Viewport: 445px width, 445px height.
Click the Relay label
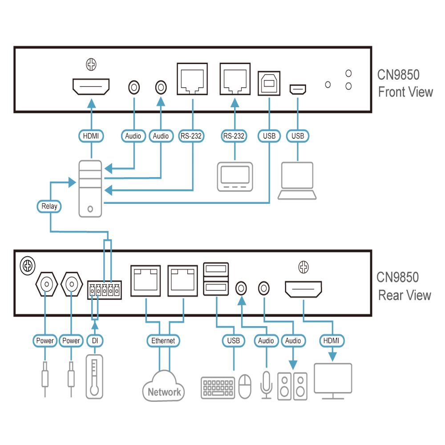[49, 206]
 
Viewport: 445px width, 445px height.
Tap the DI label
[95, 340]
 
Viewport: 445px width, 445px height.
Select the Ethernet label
[163, 340]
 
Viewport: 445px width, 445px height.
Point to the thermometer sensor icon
[94, 376]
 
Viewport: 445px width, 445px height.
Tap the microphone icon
[266, 384]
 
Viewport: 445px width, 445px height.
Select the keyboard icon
[218, 388]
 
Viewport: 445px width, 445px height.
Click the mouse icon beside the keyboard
[245, 387]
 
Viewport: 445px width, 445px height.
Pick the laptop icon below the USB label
[297, 181]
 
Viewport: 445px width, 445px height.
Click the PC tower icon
[90, 189]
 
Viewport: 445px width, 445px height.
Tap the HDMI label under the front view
[91, 136]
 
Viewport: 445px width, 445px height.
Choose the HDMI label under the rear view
[332, 340]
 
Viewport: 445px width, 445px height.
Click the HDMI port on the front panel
[91, 87]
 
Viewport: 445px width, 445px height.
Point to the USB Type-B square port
[269, 83]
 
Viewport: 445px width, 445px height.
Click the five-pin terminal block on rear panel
[105, 290]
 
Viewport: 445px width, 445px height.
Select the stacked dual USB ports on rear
[216, 279]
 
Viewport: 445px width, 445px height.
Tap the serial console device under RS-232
[235, 177]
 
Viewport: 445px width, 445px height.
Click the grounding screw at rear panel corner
[28, 266]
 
